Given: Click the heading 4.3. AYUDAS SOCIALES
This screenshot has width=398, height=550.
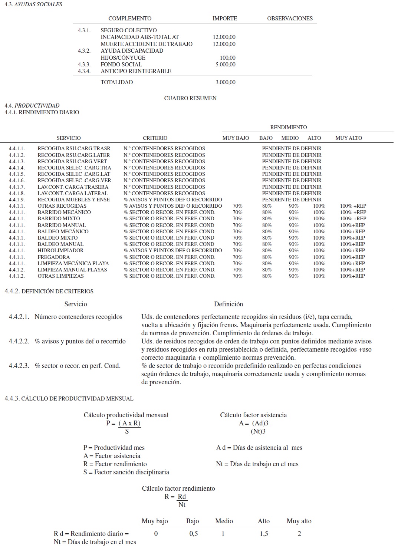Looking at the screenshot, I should tap(33, 4).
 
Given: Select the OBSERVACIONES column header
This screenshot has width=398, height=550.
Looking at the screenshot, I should tap(290, 19).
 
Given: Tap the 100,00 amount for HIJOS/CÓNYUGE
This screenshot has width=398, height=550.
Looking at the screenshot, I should tap(227, 58).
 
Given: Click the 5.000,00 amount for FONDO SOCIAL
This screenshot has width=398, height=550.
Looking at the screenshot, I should tap(225, 65).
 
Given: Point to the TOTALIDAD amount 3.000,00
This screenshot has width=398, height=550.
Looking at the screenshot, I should tap(225, 82).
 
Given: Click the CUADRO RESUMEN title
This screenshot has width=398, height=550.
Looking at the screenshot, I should tap(190, 98).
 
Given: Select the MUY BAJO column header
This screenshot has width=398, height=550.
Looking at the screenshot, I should tap(236, 138).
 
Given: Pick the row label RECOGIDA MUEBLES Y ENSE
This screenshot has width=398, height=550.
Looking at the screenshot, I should tap(73, 200).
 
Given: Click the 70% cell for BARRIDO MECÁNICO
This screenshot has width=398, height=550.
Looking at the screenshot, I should tap(237, 212).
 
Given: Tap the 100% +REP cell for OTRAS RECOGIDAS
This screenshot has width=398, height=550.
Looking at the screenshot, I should tap(353, 206).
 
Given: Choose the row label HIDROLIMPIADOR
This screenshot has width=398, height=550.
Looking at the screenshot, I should tap(60, 250).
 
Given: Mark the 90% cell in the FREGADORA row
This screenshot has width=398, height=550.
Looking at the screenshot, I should tap(293, 257).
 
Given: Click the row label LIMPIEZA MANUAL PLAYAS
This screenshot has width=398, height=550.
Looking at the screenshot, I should tap(72, 270).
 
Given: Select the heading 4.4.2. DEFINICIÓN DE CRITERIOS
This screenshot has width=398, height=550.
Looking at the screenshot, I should tap(49, 292).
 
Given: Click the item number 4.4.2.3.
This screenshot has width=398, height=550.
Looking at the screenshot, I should tap(19, 366).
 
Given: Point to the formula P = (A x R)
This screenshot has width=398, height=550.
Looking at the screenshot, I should tap(124, 423).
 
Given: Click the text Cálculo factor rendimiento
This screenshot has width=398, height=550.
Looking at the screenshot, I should tap(178, 488).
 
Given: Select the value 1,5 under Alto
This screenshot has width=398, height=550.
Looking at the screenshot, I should tap(264, 534).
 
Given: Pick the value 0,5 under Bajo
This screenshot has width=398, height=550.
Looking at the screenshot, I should tap(193, 534).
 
